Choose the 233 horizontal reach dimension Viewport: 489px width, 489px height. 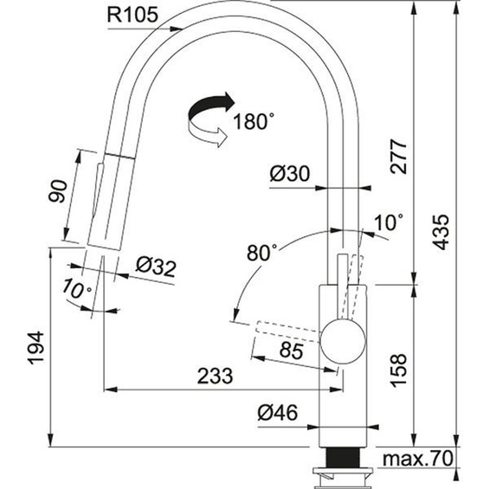click(x=215, y=376)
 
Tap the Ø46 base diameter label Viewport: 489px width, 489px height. click(x=278, y=415)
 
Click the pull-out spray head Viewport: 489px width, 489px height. click(x=102, y=199)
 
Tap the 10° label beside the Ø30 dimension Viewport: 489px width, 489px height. click(x=387, y=222)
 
